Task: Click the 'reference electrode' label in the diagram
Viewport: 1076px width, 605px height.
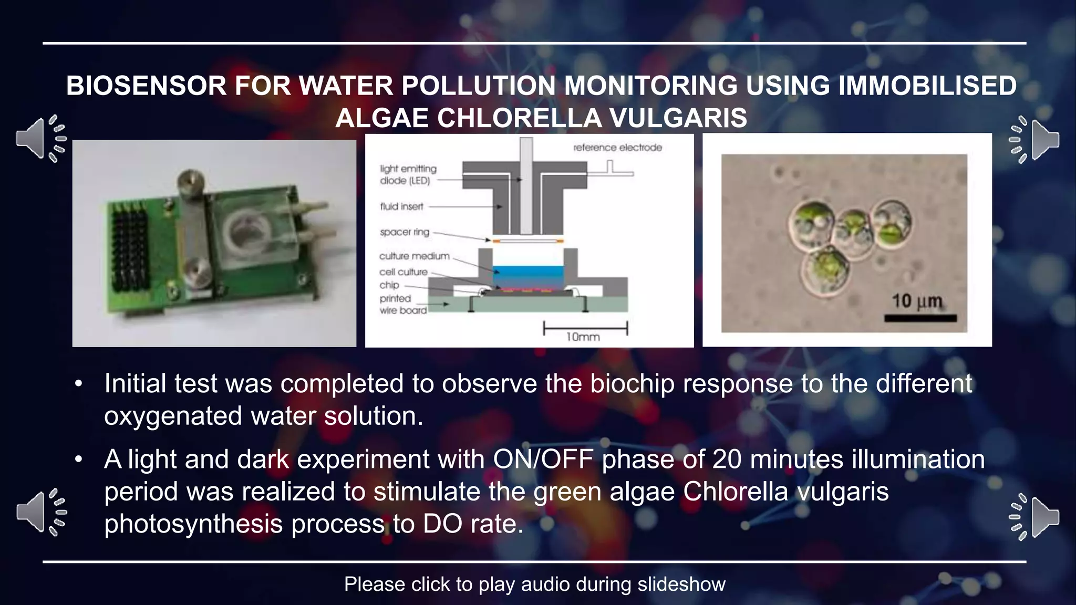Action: coord(617,148)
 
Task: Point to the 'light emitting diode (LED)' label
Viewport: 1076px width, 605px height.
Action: coord(408,174)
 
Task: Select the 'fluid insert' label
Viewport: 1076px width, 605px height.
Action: coord(401,206)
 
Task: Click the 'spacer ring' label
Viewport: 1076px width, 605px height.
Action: coord(405,232)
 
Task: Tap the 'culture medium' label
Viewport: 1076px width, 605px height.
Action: coord(414,256)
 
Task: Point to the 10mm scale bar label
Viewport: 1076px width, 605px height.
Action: coord(583,337)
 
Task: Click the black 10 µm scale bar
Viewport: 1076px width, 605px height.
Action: coord(920,318)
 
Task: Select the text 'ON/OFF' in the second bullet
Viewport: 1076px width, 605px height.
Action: coord(543,460)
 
